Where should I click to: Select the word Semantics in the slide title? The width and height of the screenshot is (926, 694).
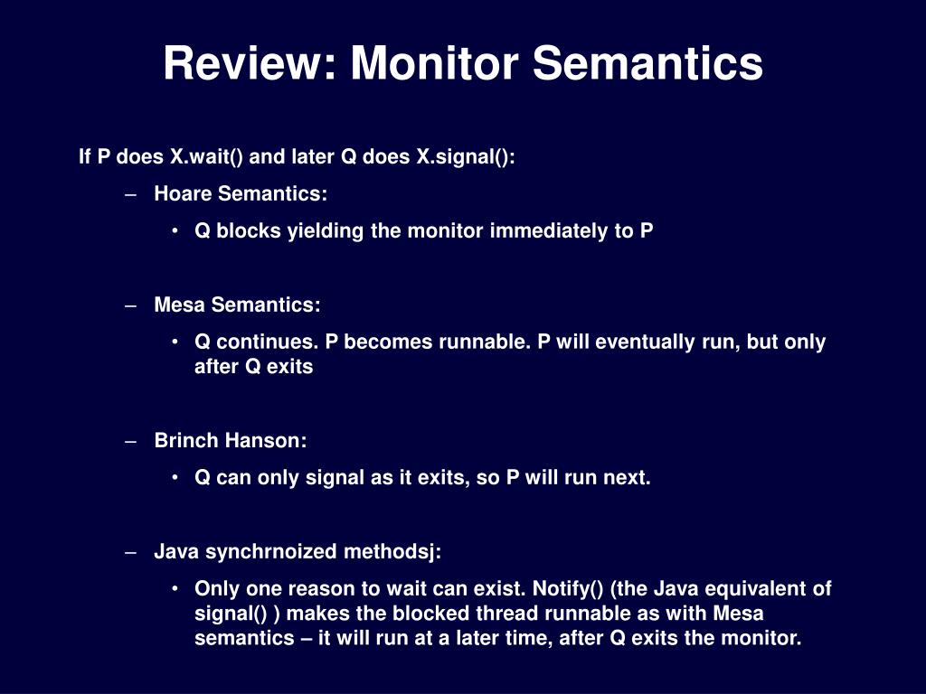coord(647,63)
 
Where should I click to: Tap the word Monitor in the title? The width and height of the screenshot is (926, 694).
coord(435,63)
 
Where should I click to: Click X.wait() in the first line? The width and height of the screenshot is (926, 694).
coord(207,157)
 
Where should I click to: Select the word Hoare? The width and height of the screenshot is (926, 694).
coord(183,193)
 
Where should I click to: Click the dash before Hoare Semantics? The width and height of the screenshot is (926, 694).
coord(131,195)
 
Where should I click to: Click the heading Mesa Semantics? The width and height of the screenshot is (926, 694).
coord(238,305)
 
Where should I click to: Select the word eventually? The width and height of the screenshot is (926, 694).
coord(645,342)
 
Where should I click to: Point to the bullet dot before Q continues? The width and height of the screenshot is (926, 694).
coord(175,341)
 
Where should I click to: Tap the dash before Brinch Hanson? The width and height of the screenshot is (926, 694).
coord(131,441)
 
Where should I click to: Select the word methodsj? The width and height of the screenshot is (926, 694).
coord(392,552)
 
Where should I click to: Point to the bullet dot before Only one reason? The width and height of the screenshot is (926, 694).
coord(175,587)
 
